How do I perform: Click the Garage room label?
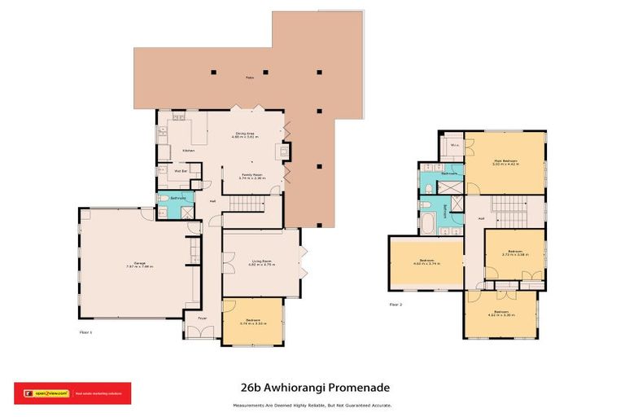pyautogui.click(x=129, y=262)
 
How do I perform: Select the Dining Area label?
pyautogui.click(x=247, y=134)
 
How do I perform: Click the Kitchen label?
pyautogui.click(x=188, y=151)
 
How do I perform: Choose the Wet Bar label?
pyautogui.click(x=181, y=171)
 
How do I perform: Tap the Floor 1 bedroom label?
pyautogui.click(x=252, y=322)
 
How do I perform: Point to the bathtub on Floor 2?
pyautogui.click(x=430, y=221)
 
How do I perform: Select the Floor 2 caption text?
pyautogui.click(x=396, y=305)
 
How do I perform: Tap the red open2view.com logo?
pyautogui.click(x=72, y=393)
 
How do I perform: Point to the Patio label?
pyautogui.click(x=250, y=78)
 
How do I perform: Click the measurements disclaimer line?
pyautogui.click(x=312, y=404)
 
